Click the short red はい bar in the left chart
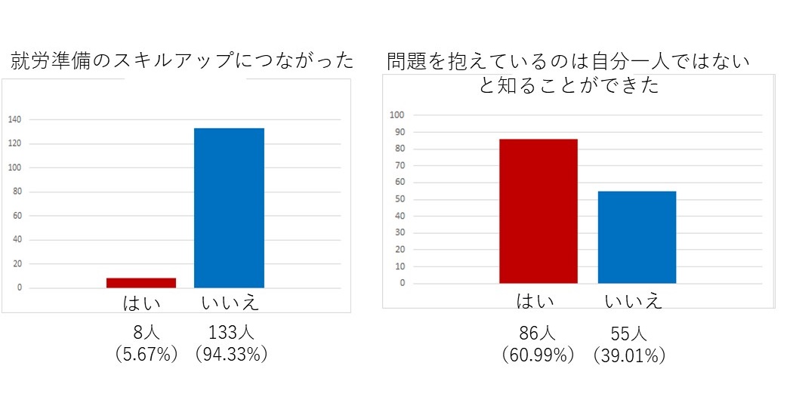141,282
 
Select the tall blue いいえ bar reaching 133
229,207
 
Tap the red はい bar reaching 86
538,211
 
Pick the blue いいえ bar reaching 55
637,237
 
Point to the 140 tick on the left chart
14,120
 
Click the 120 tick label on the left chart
14,143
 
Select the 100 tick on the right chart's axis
397,115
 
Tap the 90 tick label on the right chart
400,132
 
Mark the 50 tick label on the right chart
400,199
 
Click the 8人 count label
147,332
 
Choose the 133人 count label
231,332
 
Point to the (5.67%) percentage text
147,354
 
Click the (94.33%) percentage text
231,354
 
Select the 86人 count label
537,333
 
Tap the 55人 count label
628,334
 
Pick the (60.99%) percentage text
538,355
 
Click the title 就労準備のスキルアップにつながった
183,60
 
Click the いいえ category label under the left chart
230,303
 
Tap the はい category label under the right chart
535,301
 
